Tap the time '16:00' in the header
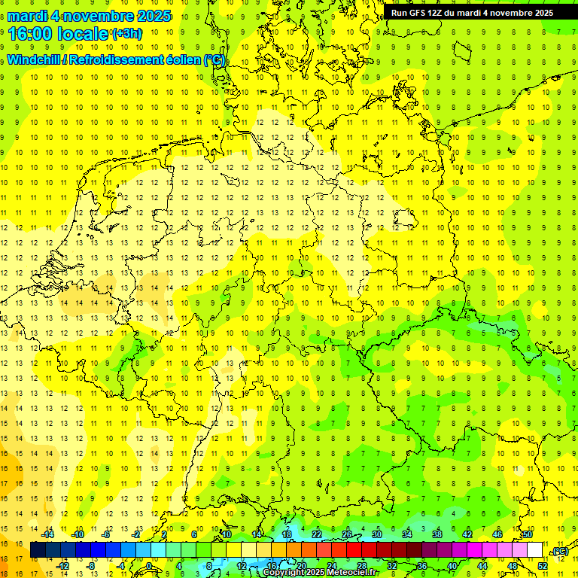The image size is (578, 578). click(32, 33)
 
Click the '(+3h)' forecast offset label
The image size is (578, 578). click(126, 34)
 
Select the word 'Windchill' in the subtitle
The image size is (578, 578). click(33, 60)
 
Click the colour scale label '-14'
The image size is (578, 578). click(49, 534)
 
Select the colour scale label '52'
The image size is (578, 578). click(543, 566)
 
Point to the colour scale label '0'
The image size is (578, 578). click(149, 566)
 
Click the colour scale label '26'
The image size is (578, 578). click(347, 534)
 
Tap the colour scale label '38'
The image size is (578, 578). click(437, 534)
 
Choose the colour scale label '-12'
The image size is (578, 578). click(63, 566)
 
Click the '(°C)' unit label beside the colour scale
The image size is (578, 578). click(560, 551)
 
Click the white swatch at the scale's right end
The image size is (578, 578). click(535, 550)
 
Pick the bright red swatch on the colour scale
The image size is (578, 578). click(354, 550)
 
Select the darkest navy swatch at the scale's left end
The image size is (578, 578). click(38, 550)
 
